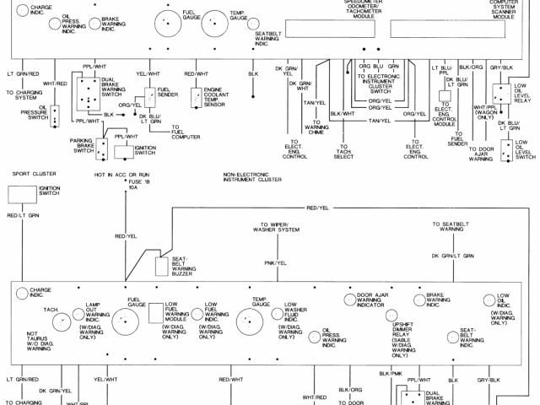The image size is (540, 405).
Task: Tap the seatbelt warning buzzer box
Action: click(x=163, y=267)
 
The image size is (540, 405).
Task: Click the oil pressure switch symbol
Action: click(x=55, y=115)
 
